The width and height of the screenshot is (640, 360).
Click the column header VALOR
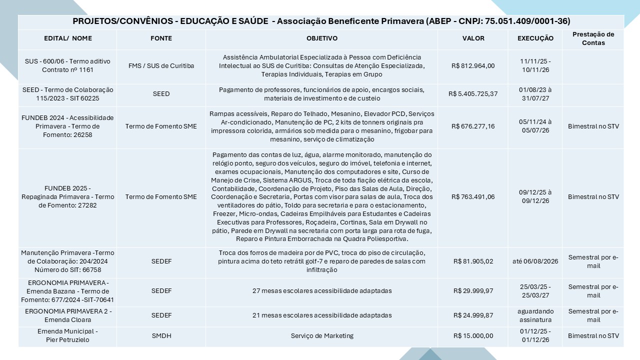tap(473, 38)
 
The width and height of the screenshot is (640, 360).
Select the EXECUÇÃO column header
tap(535, 38)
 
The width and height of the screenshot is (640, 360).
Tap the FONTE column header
tap(161, 38)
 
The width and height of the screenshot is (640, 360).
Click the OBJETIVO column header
tap(322, 38)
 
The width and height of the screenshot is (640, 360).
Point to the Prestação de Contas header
tap(593, 38)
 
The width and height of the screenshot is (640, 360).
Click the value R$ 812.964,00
tap(473, 65)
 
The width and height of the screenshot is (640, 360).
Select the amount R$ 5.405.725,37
tap(473, 94)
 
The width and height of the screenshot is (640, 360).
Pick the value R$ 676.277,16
tap(473, 126)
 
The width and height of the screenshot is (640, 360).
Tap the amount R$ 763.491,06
tap(473, 197)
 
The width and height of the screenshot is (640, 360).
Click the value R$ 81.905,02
tap(473, 261)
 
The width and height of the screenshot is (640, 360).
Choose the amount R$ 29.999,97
tap(473, 291)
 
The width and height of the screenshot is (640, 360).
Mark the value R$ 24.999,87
tap(473, 315)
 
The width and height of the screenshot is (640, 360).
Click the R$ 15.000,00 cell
tap(473, 336)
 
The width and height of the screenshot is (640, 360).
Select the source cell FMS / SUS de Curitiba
tap(161, 65)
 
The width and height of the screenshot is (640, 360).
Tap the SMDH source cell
tap(161, 336)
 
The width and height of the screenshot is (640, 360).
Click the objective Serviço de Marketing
tap(322, 336)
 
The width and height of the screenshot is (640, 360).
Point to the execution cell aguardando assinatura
tap(535, 315)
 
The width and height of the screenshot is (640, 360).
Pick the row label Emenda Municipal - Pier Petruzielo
tap(67, 336)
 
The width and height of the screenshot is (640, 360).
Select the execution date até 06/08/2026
tap(535, 261)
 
